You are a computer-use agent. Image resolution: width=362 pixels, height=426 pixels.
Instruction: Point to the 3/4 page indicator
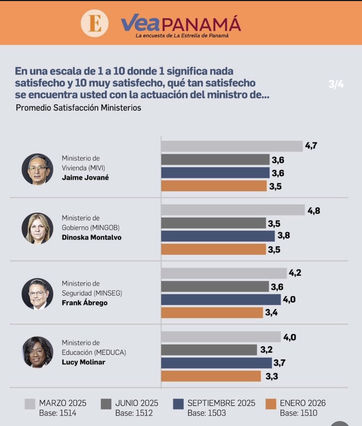336,84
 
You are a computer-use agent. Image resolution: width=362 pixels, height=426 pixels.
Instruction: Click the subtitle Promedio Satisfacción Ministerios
78,108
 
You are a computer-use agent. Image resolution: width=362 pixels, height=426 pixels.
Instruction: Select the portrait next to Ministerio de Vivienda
37,169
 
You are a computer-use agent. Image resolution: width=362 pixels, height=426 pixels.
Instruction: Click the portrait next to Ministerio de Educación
37,352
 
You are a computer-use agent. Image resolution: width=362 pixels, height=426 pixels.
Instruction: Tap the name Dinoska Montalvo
91,237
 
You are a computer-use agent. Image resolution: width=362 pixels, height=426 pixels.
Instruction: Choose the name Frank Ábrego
84,303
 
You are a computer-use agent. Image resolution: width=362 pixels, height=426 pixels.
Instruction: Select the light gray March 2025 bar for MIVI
232,146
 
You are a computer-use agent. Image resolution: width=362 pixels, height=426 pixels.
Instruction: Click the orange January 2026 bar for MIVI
214,186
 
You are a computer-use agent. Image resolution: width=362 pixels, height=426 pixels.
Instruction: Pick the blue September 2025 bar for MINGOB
218,236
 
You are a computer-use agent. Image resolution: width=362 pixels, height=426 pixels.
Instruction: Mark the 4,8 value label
314,211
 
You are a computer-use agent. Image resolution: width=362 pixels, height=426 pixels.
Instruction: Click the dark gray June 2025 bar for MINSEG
215,286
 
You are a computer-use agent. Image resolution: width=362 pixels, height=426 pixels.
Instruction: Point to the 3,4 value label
271,313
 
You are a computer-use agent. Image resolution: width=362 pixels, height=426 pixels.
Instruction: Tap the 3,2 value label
266,350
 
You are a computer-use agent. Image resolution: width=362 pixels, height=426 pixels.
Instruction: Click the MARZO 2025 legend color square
30,404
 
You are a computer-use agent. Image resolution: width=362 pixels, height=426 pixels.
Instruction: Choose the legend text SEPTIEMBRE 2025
221,403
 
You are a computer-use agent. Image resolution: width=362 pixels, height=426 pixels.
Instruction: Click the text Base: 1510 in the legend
299,413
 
